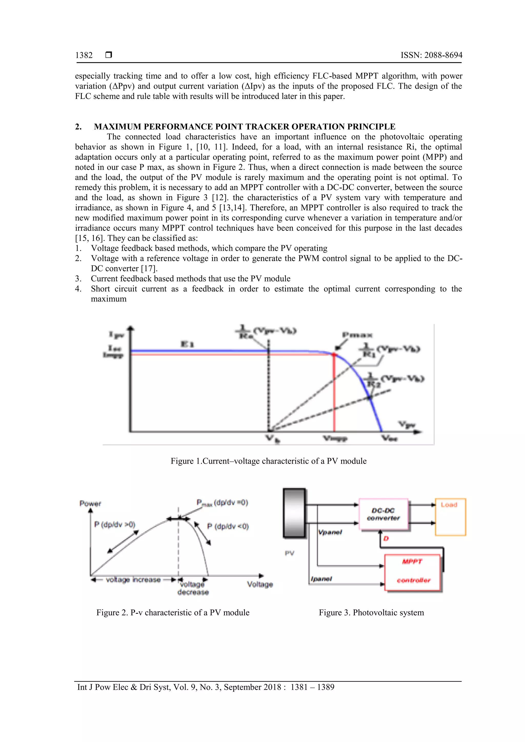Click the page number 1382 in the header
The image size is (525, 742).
(84, 55)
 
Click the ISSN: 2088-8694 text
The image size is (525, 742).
(431, 55)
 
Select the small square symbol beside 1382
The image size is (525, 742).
(109, 55)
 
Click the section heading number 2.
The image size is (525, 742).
(78, 127)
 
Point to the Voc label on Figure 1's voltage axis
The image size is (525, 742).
(389, 438)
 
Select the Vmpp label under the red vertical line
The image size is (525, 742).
(335, 438)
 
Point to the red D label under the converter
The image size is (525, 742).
(386, 538)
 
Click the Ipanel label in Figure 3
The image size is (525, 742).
(321, 579)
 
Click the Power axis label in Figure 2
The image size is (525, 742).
(90, 504)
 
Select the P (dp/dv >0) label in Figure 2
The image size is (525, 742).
(115, 524)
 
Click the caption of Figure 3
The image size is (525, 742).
(371, 612)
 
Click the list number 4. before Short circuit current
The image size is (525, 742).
(78, 289)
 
